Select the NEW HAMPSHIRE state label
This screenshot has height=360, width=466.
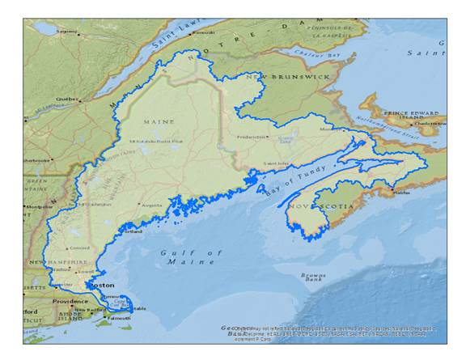[x=59, y=263]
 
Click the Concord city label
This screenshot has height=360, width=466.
[x=78, y=248]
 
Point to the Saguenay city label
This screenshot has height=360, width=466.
[x=66, y=32]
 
